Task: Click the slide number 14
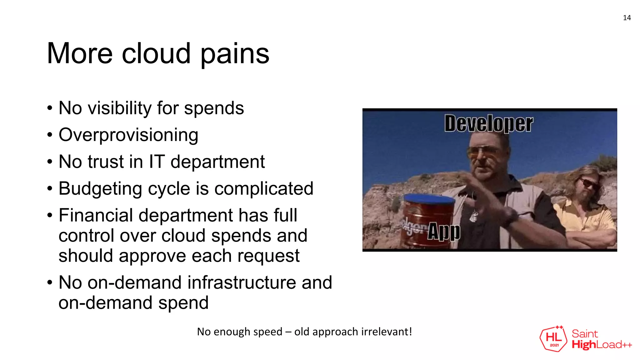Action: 627,18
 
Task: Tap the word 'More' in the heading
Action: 79,54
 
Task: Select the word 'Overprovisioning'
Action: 128,135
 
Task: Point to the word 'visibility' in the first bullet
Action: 120,108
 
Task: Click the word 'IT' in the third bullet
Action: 157,162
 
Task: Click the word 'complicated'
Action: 264,189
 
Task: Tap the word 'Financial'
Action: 96,216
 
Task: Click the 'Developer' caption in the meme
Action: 488,124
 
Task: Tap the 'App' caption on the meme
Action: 443,232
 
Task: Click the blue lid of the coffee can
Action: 429,198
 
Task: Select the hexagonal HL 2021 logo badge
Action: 553,339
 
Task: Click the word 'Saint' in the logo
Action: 585,334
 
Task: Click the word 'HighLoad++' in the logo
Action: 602,345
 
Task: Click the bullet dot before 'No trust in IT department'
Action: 50,162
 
